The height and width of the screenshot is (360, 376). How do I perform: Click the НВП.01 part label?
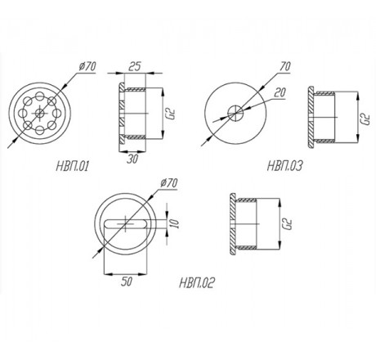tap(73, 166)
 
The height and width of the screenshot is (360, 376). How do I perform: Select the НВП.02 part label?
tap(197, 283)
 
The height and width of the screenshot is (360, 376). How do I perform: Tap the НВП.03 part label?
tap(284, 166)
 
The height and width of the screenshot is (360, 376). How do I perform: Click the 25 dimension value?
tap(134, 66)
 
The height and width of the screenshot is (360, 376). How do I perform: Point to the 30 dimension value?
tap(132, 160)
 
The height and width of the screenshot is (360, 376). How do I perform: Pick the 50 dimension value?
tap(127, 282)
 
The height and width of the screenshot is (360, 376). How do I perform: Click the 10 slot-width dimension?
tap(174, 223)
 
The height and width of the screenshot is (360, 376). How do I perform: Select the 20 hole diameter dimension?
tap(280, 92)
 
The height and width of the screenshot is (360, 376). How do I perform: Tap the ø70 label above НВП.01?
tap(87, 66)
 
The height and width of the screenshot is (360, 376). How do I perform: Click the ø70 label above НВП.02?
tap(169, 183)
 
